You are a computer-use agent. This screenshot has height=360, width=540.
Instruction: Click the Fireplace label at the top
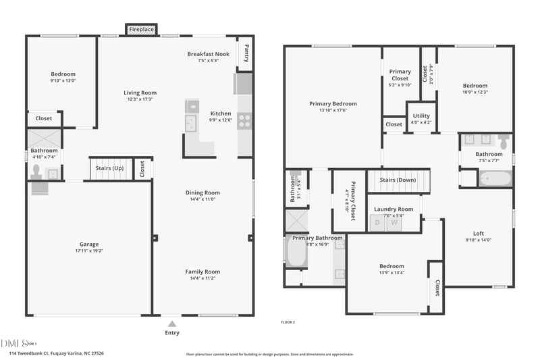pyautogui.click(x=141, y=30)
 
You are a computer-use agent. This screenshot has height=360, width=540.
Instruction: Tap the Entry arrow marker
pyautogui.click(x=172, y=324)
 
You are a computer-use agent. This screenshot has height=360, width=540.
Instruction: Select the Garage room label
pyautogui.click(x=88, y=245)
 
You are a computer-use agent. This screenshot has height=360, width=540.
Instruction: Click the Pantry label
pyautogui.click(x=246, y=52)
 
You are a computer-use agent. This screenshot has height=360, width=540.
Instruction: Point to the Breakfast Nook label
pyautogui.click(x=209, y=53)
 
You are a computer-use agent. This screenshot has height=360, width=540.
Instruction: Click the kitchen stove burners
pyautogui.click(x=244, y=121)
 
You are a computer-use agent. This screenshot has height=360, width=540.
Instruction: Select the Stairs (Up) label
pyautogui.click(x=109, y=168)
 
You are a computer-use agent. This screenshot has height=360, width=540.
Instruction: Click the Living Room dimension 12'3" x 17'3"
pyautogui.click(x=140, y=99)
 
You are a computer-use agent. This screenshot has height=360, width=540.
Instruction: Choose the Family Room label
pyautogui.click(x=202, y=272)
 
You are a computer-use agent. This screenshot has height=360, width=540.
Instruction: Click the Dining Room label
pyautogui.click(x=202, y=193)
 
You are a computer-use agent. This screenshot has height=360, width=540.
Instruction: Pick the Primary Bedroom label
pyautogui.click(x=333, y=104)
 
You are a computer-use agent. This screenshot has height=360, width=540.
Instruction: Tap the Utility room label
pyautogui.click(x=421, y=116)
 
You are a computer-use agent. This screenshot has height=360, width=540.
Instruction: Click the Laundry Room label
pyautogui.click(x=394, y=209)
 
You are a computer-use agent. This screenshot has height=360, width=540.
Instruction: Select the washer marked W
pyautogui.click(x=394, y=222)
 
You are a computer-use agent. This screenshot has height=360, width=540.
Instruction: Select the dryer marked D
pyautogui.click(x=377, y=222)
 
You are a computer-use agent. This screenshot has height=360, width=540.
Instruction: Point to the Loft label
pyautogui.click(x=479, y=234)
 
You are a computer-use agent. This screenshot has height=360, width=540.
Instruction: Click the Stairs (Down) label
pyautogui.click(x=397, y=180)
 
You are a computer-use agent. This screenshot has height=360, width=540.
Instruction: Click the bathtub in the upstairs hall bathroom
pyautogui.click(x=495, y=179)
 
